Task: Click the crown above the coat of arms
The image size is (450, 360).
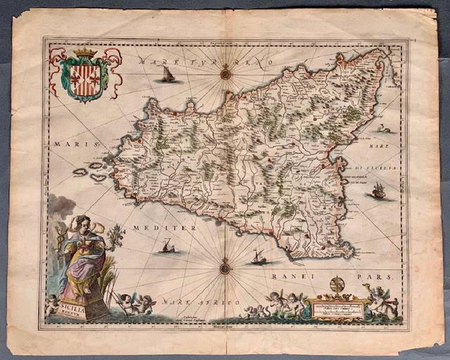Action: click(85, 53)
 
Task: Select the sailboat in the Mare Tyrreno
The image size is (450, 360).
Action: click(167, 74)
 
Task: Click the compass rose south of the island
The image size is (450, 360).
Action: click(224, 267)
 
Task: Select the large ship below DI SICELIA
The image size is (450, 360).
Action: click(378, 190)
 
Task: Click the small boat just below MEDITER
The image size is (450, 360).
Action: click(168, 246)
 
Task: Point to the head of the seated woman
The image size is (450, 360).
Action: click(82, 224)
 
